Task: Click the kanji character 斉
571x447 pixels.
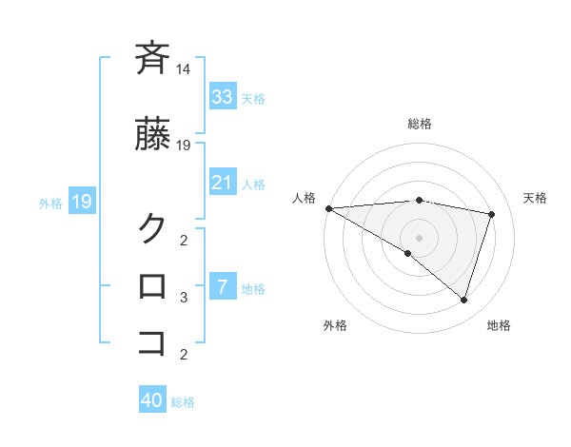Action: [152, 59]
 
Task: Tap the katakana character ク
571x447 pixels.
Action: [152, 227]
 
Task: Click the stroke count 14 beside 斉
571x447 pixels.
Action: [183, 69]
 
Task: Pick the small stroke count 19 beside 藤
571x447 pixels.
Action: [184, 145]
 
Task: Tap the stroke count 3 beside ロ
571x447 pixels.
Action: [184, 298]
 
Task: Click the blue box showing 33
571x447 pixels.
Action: [222, 96]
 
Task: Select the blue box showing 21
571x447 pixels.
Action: [222, 182]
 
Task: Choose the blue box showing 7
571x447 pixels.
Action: [222, 286]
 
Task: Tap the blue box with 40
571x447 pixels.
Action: [151, 400]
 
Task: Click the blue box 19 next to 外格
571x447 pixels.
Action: [81, 202]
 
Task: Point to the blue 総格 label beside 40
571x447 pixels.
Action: [183, 402]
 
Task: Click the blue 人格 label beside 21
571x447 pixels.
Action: [253, 184]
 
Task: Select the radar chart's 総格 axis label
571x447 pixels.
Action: [420, 124]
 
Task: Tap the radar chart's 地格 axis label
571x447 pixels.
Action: [499, 326]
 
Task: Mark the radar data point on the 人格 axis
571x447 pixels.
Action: [328, 208]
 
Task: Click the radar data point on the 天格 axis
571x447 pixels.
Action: [492, 214]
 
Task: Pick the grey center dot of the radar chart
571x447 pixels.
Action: [419, 237]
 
